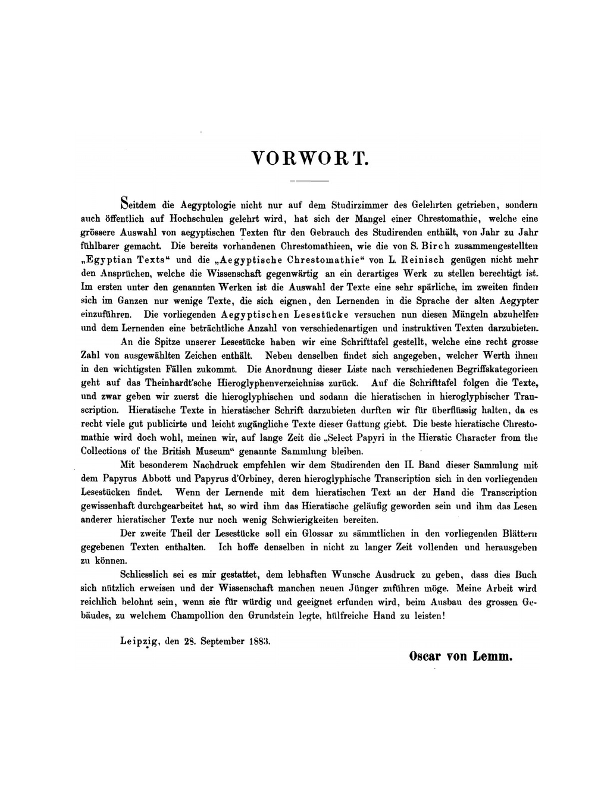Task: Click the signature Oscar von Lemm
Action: click(461, 657)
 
